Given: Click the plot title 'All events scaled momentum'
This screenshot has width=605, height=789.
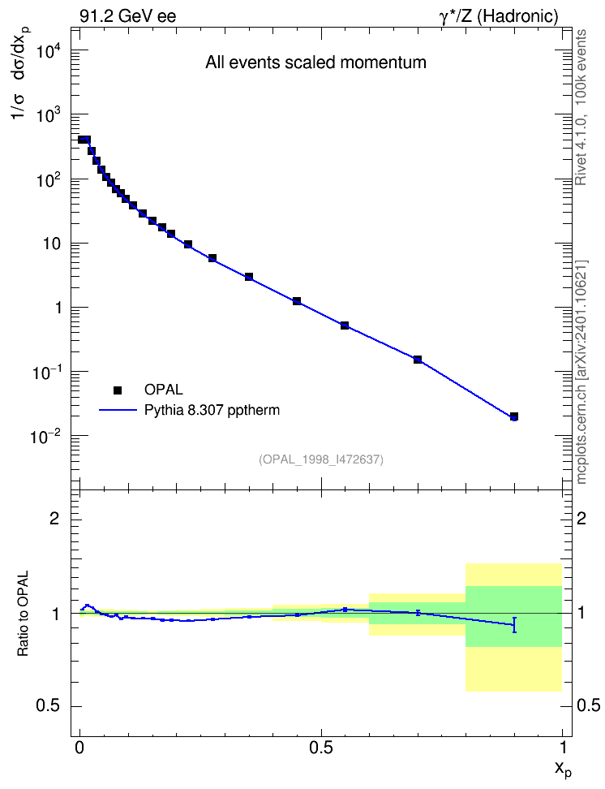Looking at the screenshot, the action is pos(315,63).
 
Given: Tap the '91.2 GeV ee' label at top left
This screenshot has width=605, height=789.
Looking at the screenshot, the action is pos(128,16).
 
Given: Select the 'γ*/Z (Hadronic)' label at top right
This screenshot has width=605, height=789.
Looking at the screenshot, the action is pos(499,16).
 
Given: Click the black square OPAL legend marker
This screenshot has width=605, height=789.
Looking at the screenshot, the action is pos(118,390).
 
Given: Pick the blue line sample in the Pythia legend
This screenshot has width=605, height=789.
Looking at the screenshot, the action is pos(118,410).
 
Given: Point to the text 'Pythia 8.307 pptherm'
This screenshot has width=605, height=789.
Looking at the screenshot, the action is pos(212,411).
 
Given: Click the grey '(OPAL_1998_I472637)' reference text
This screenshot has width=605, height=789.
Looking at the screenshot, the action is pos(321,459).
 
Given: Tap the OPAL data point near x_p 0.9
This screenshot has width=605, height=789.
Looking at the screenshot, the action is pos(513,416).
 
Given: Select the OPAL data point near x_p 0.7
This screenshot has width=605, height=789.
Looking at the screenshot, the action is pos(418,360).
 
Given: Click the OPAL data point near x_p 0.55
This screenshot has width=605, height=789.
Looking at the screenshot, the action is pos(345,326).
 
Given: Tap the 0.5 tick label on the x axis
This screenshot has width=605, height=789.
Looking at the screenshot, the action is pos(321,748).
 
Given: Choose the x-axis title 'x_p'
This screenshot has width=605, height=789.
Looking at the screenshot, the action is pos(564,769).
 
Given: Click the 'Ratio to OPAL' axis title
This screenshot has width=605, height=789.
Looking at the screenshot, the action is pos(23,614).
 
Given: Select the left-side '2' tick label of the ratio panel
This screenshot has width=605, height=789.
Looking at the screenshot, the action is pos(54,518).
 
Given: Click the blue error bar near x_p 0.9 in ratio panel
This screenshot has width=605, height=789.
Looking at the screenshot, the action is pos(514,624).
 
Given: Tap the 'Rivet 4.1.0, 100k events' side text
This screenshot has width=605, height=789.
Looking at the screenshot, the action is pos(581,107).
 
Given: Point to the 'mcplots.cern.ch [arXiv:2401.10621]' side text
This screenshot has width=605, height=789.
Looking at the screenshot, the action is pos(581,372).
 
